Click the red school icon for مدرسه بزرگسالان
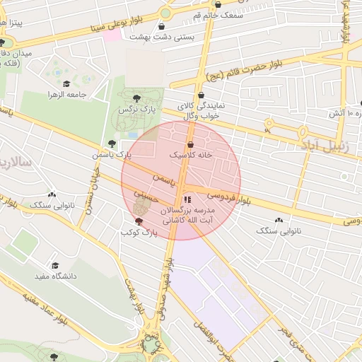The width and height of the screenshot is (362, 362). pyautogui.click(x=187, y=199)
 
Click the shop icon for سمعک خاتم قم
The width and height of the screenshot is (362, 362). pyautogui.click(x=227, y=4)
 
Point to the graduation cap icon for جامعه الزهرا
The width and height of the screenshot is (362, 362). pyautogui.click(x=66, y=84)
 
